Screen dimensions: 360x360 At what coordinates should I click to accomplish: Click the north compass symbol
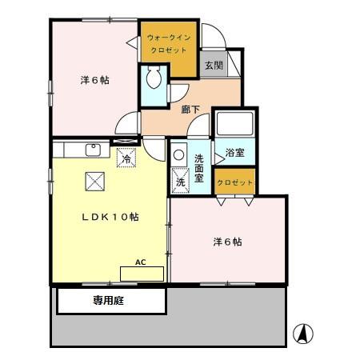point(303,333)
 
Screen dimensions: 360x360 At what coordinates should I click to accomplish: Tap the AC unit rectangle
point(141,273)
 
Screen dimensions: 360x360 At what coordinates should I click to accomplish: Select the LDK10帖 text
point(109,217)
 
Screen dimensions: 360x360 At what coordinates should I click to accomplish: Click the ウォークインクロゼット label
point(169,42)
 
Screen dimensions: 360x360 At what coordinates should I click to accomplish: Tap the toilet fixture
point(153,78)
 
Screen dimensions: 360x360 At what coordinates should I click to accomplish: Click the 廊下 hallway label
point(190,109)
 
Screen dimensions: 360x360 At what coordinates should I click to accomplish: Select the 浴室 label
point(234,152)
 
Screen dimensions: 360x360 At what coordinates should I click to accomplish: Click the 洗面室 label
point(198,170)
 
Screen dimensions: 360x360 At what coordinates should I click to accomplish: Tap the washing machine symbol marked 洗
point(180,182)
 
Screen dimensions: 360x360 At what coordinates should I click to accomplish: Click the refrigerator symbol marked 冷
point(126,158)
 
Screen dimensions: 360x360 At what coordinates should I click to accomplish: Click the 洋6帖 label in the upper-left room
point(94,80)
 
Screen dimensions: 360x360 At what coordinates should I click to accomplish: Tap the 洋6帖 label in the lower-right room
point(227,242)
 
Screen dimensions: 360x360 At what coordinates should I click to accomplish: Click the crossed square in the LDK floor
point(95,182)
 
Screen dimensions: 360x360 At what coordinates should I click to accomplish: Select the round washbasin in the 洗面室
point(178,155)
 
